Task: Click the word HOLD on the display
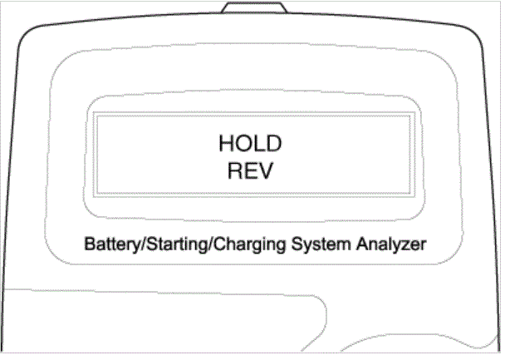(x=250, y=143)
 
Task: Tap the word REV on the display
(x=250, y=170)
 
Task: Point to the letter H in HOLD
(x=226, y=143)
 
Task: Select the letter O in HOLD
(x=243, y=143)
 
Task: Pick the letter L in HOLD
(x=259, y=143)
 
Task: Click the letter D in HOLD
(x=274, y=143)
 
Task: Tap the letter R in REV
(x=235, y=170)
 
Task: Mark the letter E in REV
(x=250, y=170)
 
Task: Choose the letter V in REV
(x=265, y=170)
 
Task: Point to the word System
(x=321, y=244)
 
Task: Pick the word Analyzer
(x=391, y=244)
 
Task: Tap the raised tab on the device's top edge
(x=254, y=7)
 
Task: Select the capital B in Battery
(x=90, y=244)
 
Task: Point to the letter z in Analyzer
(x=406, y=246)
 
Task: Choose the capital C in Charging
(x=220, y=244)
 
